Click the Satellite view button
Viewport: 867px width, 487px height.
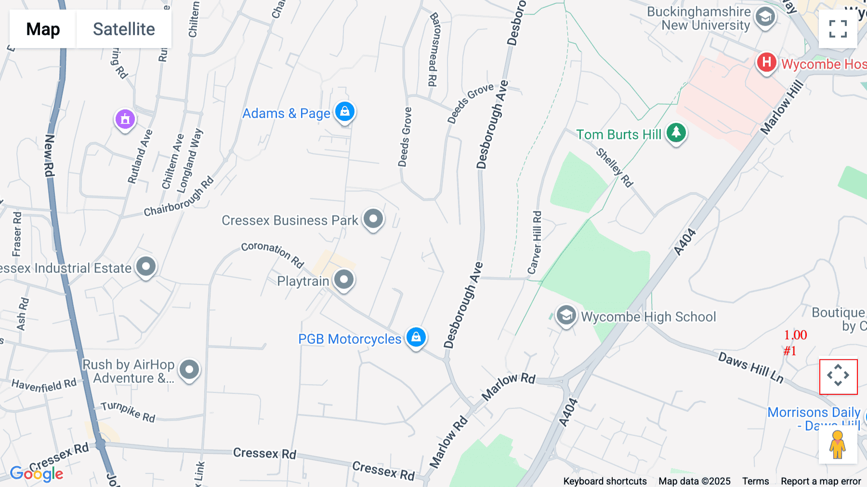pos(124,29)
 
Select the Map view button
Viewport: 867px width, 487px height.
pos(43,29)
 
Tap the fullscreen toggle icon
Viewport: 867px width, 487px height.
pos(838,29)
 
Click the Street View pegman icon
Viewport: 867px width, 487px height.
pos(838,445)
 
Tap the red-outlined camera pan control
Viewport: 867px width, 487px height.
pos(838,376)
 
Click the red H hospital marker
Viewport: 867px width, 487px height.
pos(766,63)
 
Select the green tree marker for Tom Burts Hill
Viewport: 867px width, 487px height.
pos(676,132)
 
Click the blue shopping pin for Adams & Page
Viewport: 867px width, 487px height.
pos(345,112)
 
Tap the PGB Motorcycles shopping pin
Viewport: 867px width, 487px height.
pos(416,337)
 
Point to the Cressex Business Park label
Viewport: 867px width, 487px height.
pos(289,220)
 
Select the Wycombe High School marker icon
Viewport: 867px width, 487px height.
pos(566,316)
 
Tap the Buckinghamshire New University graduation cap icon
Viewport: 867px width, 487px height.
pos(765,17)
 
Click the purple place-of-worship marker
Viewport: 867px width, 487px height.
pos(125,119)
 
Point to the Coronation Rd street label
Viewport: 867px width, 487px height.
pos(273,254)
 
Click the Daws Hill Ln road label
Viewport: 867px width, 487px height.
pos(750,367)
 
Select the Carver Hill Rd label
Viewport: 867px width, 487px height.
pos(535,243)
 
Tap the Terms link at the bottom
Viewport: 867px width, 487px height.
pos(755,481)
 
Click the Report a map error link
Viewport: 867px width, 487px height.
pos(821,481)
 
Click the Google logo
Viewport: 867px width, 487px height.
pos(37,473)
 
